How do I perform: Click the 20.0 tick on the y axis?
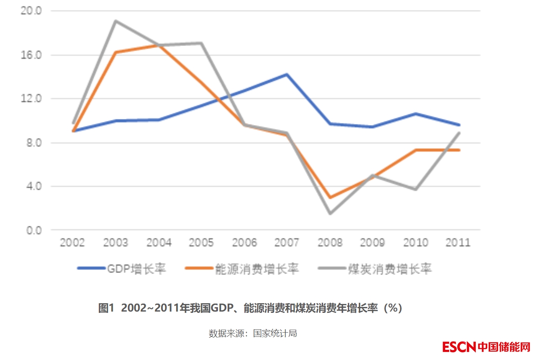pos(31,11)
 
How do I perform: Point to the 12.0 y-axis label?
pos(31,99)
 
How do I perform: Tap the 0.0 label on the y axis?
pos(33,230)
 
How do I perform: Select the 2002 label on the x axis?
pos(72,243)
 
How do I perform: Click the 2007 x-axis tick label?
pos(286,243)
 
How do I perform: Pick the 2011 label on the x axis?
pos(458,243)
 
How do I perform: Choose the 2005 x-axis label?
pos(201,243)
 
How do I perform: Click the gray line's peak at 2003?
pos(116,21)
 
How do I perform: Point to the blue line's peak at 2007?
pos(287,75)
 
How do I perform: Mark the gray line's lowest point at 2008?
pos(330,213)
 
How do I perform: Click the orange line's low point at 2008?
pos(330,197)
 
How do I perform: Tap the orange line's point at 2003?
pos(116,52)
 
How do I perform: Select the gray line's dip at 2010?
pos(416,189)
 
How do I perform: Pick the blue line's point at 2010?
pos(416,114)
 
